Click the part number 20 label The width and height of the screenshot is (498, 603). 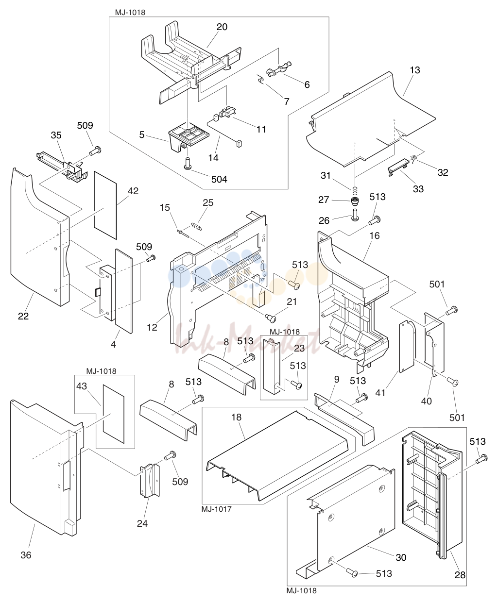click(222, 27)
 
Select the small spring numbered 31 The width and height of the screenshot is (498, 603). click(355, 191)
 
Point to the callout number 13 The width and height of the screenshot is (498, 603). click(415, 70)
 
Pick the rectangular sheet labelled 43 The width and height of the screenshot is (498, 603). click(114, 414)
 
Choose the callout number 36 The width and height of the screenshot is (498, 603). click(26, 555)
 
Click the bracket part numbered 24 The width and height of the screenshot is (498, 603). click(150, 481)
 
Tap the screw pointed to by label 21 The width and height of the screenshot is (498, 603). click(271, 318)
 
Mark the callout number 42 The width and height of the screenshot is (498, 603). click(133, 191)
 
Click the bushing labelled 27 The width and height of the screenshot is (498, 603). click(355, 201)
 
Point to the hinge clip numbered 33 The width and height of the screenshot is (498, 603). click(398, 167)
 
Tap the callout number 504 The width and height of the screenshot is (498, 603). click(219, 179)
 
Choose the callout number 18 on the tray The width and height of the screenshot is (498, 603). click(237, 418)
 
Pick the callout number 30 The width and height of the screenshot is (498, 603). click(401, 557)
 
